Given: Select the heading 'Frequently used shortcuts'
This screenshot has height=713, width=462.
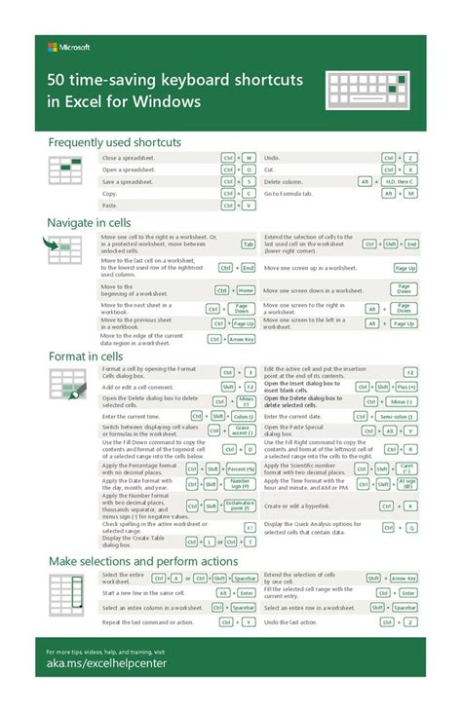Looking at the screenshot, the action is point(115,143).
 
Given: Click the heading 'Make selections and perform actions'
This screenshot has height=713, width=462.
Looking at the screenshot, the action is point(143,562).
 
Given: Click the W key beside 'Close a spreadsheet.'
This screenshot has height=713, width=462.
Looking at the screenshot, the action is point(249,158).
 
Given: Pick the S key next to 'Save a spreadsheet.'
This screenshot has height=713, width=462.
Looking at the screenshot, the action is point(249,181).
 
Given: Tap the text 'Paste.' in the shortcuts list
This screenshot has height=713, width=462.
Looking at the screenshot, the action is point(110,206).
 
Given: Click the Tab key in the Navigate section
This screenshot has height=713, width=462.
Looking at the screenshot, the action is point(249,244).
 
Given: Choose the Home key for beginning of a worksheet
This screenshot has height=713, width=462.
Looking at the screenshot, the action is point(246,290).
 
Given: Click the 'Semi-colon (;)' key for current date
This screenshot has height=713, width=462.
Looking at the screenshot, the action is point(402,417).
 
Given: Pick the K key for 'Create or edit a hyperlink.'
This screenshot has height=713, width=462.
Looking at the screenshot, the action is point(411,507).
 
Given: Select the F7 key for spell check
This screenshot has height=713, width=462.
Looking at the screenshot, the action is point(249,527).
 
